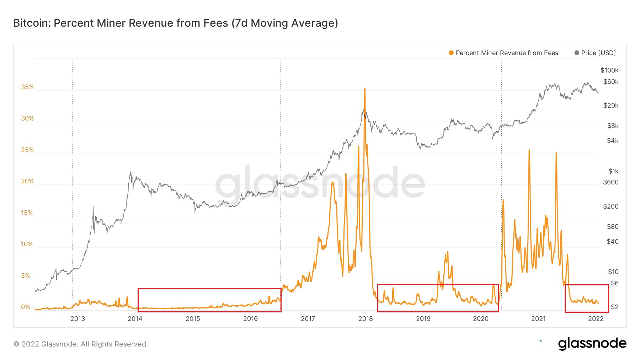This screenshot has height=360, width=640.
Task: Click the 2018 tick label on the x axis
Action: pos(366,318)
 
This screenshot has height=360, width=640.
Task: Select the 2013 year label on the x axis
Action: pos(78,318)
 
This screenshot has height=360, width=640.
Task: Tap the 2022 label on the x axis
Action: pos(596,318)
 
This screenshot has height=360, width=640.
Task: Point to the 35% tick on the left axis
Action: pos(27,87)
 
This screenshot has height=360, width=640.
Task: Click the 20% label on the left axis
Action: pos(27,181)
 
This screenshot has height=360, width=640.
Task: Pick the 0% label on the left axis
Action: pos(26,307)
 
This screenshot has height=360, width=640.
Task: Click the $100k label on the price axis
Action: pos(609,70)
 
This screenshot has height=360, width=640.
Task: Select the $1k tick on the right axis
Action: pos(613,171)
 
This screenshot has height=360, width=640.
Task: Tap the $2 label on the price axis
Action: pos(615,307)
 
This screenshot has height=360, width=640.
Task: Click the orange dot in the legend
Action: pos(451,53)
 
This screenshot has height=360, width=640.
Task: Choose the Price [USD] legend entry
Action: pos(598,53)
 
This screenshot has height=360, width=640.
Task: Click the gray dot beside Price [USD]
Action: pos(577,53)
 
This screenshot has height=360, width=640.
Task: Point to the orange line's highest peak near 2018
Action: pos(365,89)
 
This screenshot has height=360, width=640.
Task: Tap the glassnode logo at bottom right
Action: pos(592,343)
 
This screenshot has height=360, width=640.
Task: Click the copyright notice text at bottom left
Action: pos(81,344)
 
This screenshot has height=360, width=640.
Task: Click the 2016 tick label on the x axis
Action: pos(250,318)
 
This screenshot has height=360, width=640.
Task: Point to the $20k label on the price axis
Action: pos(611,106)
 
